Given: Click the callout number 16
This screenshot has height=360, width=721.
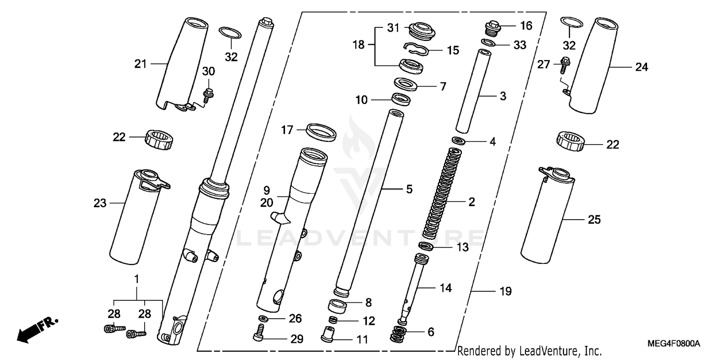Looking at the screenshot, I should (526, 26).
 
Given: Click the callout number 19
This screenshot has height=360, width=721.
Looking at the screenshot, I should (505, 291).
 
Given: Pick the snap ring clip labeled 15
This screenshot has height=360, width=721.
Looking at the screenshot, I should (416, 48).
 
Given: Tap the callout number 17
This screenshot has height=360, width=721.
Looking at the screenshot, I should (287, 130).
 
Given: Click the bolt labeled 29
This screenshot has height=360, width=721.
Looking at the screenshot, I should (259, 332).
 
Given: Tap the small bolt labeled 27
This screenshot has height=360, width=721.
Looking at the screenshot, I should (563, 64).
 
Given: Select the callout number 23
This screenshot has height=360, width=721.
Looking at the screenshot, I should (99, 203).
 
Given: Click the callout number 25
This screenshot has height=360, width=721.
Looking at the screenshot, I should (594, 220).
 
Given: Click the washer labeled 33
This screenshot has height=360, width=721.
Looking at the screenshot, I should (488, 43).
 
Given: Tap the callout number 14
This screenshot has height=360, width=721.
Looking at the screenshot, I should (445, 288).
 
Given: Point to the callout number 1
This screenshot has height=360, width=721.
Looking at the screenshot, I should (137, 279).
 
